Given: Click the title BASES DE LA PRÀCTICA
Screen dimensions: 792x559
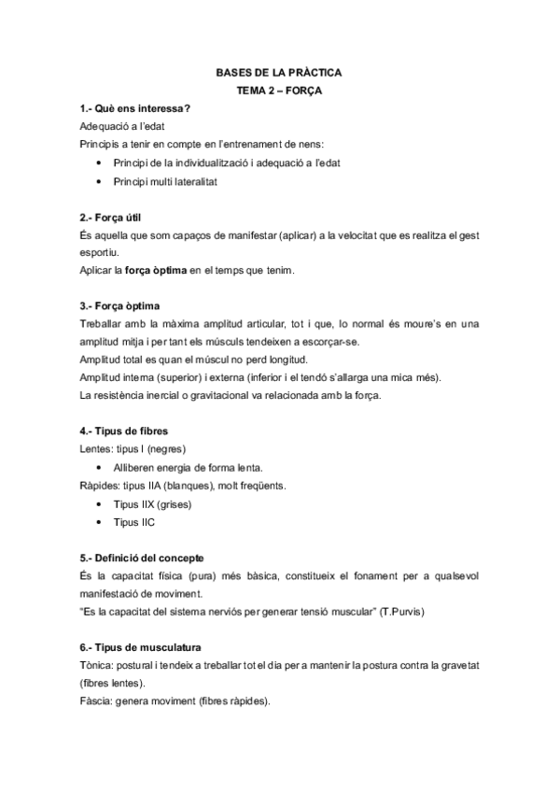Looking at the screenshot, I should click(279, 72).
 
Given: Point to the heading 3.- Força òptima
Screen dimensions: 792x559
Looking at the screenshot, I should click(121, 305).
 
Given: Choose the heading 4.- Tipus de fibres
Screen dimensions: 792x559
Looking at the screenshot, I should click(125, 431).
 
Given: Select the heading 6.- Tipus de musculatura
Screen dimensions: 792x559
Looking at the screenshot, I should click(141, 647).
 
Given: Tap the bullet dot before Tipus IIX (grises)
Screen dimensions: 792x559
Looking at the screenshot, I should click(100, 504).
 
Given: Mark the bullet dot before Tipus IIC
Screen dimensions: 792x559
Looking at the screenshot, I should click(100, 522).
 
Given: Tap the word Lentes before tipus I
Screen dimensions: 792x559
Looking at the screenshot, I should click(97, 450).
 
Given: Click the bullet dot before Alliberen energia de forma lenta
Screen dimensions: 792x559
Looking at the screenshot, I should click(100, 468).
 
